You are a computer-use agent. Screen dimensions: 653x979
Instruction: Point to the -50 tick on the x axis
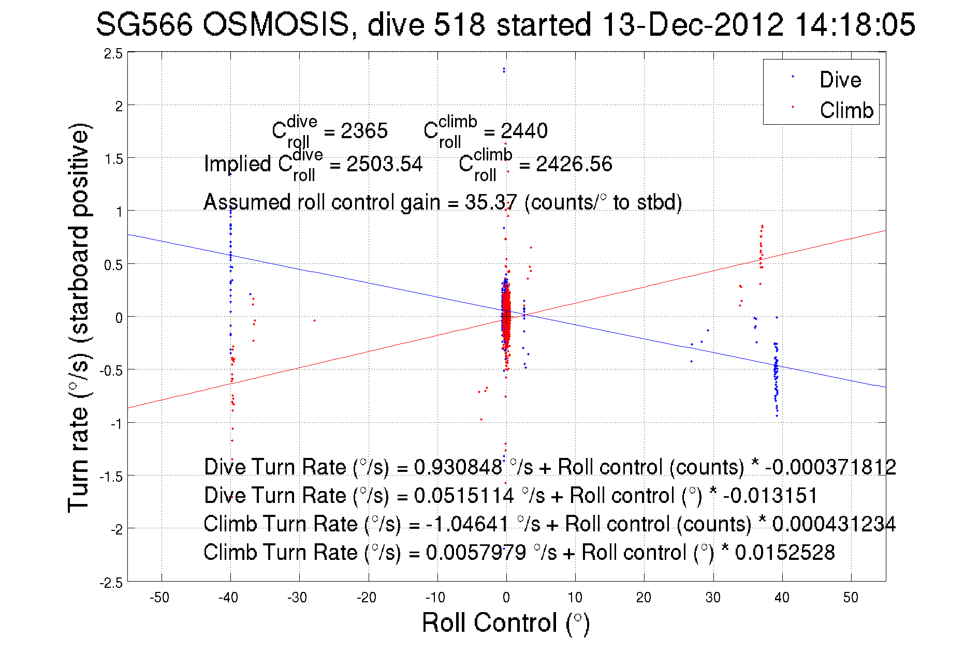(159, 598)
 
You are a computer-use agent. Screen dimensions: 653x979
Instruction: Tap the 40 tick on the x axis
(782, 598)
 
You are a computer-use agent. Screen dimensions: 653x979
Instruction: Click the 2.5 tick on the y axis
(113, 54)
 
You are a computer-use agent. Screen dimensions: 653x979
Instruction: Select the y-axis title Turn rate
(79, 318)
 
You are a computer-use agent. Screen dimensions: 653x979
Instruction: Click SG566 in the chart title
(144, 24)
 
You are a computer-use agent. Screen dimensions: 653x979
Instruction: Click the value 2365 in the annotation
(364, 131)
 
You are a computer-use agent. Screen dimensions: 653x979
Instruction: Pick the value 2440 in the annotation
(524, 131)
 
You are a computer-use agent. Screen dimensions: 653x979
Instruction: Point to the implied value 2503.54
(384, 164)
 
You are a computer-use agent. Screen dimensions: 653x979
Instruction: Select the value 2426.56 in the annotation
(574, 164)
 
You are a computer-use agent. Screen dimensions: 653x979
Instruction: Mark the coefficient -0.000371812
(830, 467)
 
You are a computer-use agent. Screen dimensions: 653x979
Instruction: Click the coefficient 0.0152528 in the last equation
(785, 552)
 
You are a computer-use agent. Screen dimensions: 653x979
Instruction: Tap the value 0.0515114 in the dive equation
(463, 495)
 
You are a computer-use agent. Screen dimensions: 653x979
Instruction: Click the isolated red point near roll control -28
(314, 320)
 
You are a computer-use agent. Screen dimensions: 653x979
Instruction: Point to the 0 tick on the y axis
(119, 318)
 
